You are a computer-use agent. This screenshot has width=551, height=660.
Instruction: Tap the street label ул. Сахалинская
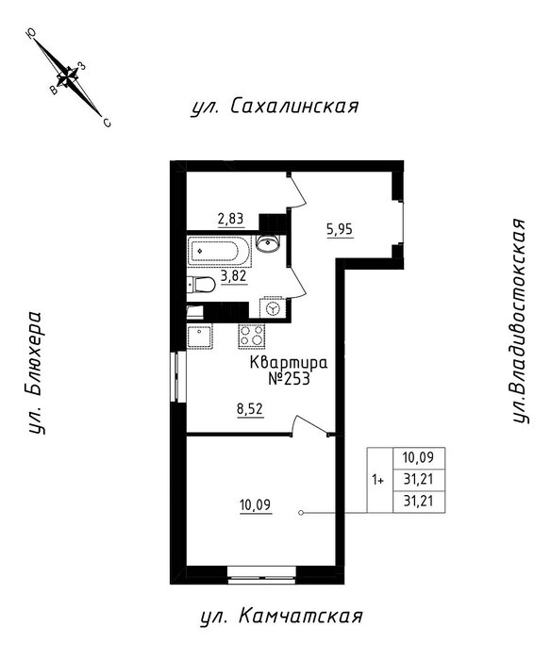[275, 107]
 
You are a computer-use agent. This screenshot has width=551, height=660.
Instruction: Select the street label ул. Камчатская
[281, 617]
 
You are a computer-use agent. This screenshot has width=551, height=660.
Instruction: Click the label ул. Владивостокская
[520, 321]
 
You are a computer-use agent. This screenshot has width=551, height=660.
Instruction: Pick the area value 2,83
[231, 220]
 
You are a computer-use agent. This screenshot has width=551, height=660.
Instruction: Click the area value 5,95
[340, 230]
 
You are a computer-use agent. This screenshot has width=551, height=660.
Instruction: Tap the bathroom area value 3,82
[234, 276]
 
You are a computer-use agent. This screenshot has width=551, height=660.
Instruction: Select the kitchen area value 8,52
[250, 409]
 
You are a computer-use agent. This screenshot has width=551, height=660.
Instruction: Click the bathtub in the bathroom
[219, 252]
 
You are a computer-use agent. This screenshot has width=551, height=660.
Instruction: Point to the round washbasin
[267, 243]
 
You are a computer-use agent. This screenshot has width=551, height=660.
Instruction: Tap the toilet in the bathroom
[201, 285]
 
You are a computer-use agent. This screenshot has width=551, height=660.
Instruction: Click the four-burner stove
[252, 337]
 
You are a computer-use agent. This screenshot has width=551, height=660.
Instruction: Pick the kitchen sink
[200, 337]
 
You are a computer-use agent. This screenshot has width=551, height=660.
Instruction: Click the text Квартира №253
[289, 371]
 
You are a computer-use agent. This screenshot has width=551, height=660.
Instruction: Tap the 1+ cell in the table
[378, 480]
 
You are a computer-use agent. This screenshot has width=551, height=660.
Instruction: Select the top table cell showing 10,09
[418, 457]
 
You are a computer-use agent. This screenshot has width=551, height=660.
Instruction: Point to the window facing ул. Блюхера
[178, 376]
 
